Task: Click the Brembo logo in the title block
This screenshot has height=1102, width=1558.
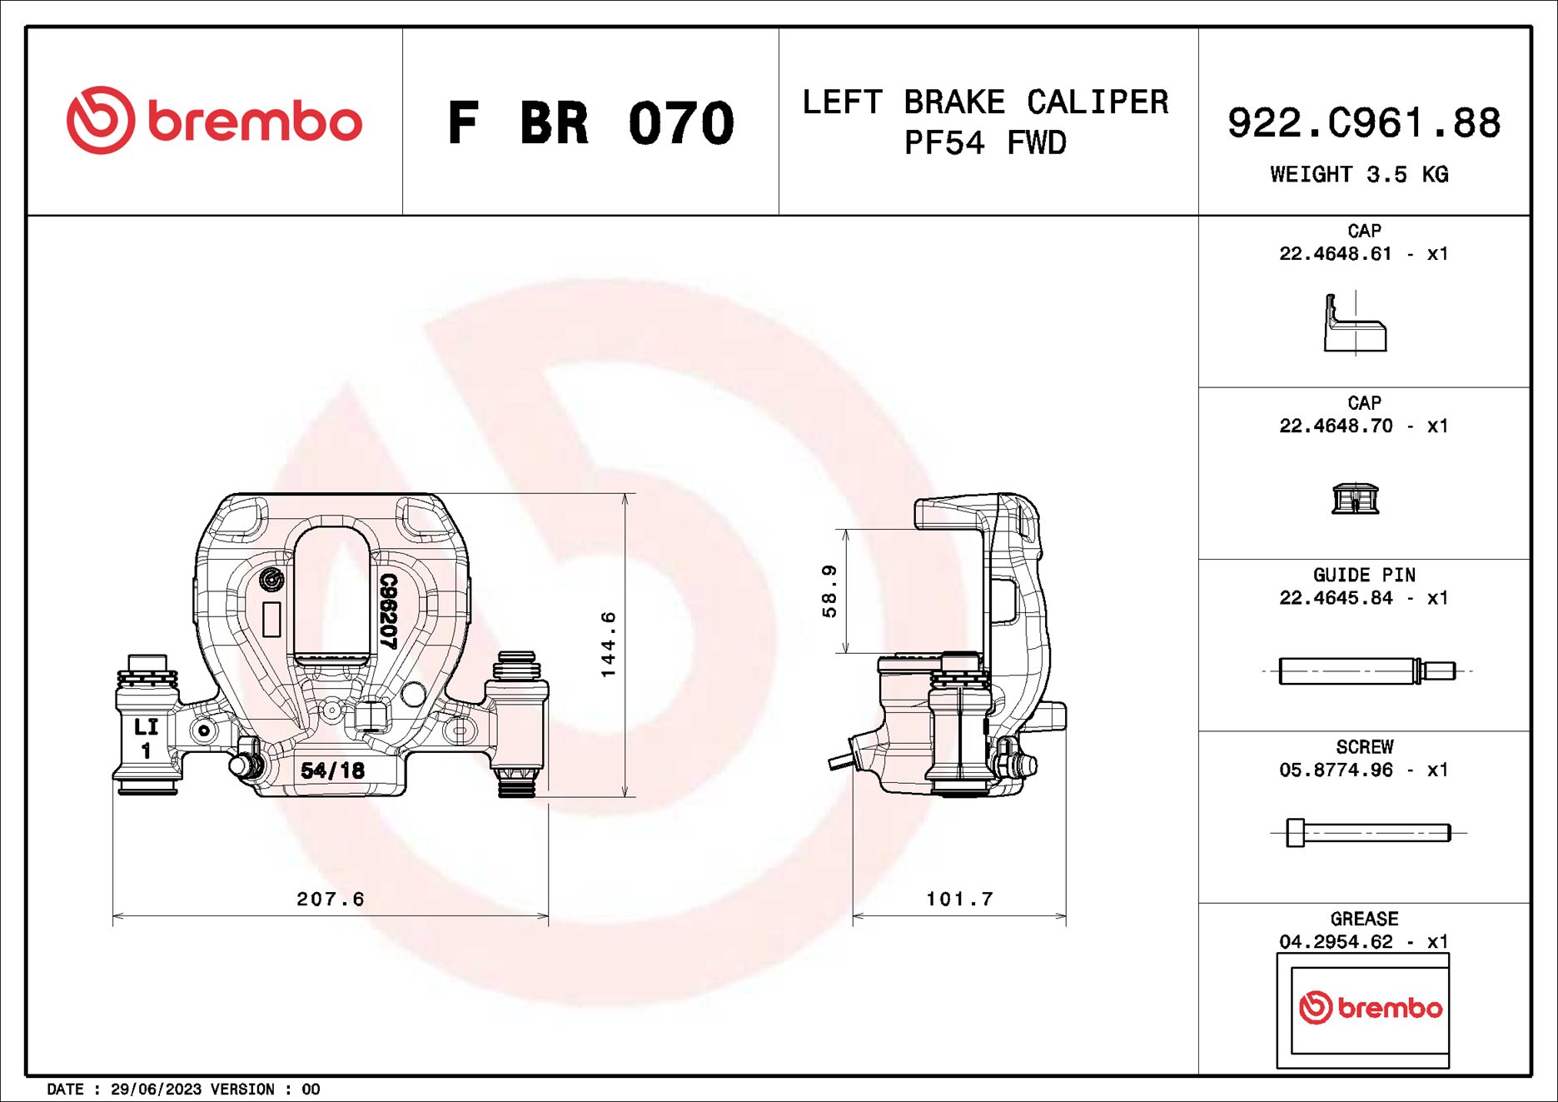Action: point(214,121)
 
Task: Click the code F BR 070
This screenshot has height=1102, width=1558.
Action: point(590,123)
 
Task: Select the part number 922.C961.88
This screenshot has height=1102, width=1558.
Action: point(1363,123)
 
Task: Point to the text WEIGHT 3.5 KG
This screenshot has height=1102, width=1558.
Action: point(1358,175)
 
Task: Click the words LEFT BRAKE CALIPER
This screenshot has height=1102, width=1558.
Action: point(985,102)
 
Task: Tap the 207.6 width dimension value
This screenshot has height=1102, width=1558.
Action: point(331,899)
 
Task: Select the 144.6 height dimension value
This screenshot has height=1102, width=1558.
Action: point(608,644)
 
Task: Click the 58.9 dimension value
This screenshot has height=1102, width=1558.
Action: point(829,591)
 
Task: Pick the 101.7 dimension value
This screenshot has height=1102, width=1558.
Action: point(959,899)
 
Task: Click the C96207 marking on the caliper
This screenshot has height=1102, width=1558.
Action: point(388,611)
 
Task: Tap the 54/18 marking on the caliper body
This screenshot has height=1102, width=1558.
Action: point(332,770)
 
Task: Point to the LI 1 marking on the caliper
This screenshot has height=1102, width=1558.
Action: point(146,738)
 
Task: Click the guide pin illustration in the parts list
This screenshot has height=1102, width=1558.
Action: point(1366,671)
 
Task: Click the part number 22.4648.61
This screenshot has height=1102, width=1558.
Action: point(1335,254)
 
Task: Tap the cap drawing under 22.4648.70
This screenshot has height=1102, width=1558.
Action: point(1355,498)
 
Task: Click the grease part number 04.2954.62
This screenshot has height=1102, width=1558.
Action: point(1335,942)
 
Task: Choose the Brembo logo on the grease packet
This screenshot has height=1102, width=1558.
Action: point(1370,1008)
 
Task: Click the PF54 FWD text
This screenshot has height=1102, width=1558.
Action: point(985,143)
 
